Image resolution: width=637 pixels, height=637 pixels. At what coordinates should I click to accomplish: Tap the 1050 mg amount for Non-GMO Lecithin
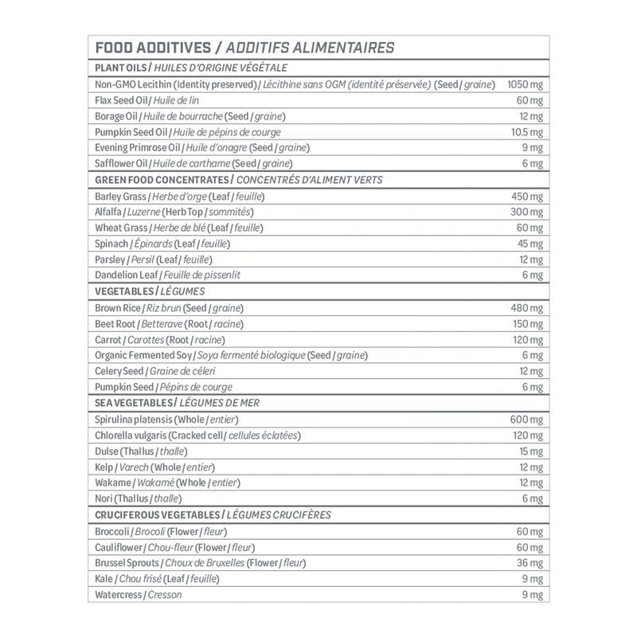pyautogui.click(x=525, y=84)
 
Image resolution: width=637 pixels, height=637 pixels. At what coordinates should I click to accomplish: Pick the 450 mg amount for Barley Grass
pyautogui.click(x=526, y=196)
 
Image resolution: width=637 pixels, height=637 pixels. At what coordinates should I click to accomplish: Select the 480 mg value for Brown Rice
pyautogui.click(x=526, y=307)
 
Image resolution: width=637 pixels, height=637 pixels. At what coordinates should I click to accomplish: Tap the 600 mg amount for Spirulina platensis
pyautogui.click(x=526, y=419)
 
